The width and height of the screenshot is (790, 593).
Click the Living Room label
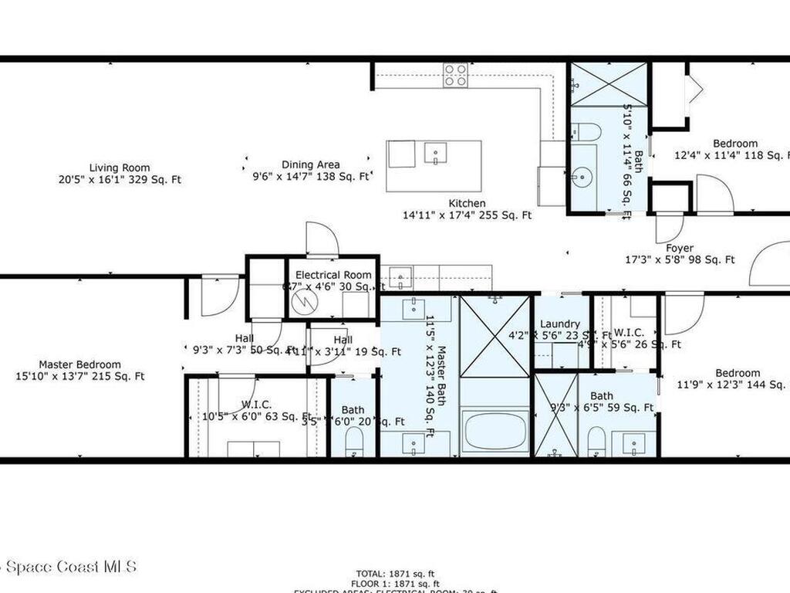click(120, 168)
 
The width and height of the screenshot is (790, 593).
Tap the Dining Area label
click(310, 164)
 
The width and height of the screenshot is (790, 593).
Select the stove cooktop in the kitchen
click(455, 75)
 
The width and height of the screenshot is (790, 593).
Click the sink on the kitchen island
click(435, 154)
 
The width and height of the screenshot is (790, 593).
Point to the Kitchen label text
click(468, 204)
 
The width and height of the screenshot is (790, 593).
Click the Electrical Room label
click(333, 275)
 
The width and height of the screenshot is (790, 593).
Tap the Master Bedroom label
click(80, 364)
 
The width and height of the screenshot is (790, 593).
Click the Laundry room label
click(560, 324)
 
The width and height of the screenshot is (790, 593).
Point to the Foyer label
click(679, 248)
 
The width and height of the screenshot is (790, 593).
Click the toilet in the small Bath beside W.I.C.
click(354, 442)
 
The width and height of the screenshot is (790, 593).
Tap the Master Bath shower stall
click(495, 336)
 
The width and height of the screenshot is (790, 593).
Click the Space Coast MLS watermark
click(69, 567)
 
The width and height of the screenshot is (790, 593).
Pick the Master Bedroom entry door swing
click(219, 296)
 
